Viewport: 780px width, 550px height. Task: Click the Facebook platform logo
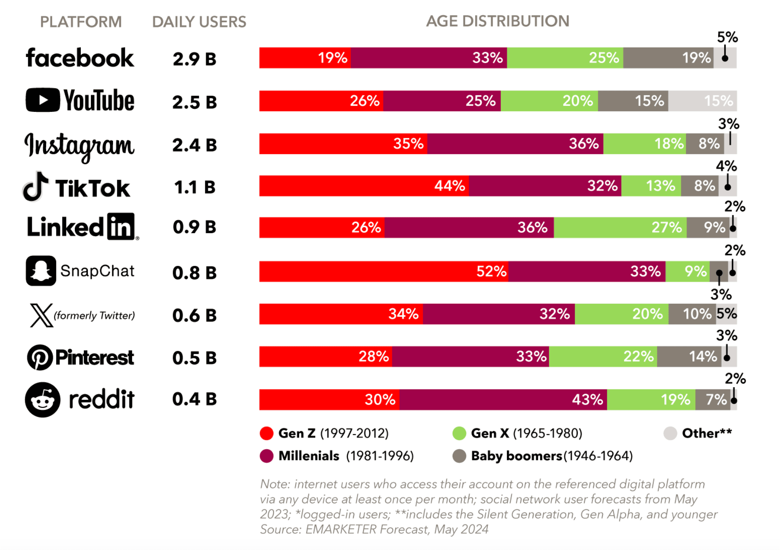pos(80,58)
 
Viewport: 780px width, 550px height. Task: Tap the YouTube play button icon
pos(43,100)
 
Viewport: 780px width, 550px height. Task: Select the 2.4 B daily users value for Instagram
pos(194,145)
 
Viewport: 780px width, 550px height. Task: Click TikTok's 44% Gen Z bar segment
pos(364,186)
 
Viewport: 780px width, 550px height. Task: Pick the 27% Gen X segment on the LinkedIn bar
pos(620,228)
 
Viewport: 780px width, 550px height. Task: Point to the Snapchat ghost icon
pos(41,271)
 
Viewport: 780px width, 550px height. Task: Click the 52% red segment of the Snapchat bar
pos(383,272)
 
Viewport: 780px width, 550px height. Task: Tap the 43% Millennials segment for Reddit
pos(503,399)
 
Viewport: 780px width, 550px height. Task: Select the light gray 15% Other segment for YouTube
pos(702,101)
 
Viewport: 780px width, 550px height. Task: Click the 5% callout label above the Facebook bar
pos(727,37)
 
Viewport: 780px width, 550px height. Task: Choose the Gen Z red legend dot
pos(267,433)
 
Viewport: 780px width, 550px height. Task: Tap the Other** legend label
pos(707,433)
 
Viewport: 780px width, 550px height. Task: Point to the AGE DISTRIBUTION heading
pos(497,21)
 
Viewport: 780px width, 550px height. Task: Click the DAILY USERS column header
pos(199,22)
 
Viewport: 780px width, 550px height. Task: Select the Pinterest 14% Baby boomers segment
pos(689,357)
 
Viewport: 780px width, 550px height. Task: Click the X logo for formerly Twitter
pos(41,315)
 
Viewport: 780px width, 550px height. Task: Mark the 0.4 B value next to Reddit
pos(194,399)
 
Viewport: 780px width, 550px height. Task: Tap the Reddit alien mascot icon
pos(43,399)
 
